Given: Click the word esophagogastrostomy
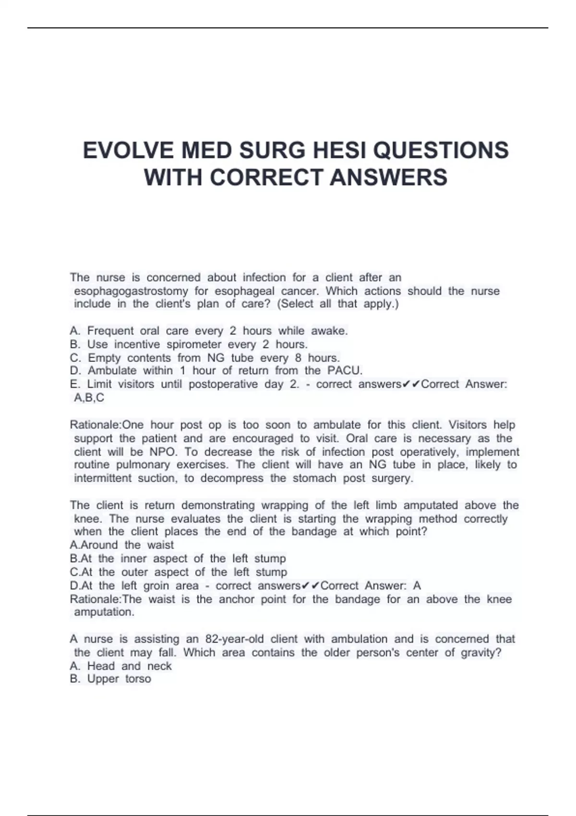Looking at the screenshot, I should (131, 291).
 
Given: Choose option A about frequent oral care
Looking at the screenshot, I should (209, 331).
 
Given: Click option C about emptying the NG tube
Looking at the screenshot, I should (205, 358).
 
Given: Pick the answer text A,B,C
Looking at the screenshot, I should (89, 397).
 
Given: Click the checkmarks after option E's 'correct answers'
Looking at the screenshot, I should (411, 384).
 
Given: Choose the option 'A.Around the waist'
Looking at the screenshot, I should (122, 545).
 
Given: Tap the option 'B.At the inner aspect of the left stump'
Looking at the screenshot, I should (178, 558).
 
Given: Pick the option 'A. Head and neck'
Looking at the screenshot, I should (120, 666).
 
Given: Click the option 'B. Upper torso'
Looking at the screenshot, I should (110, 679).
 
